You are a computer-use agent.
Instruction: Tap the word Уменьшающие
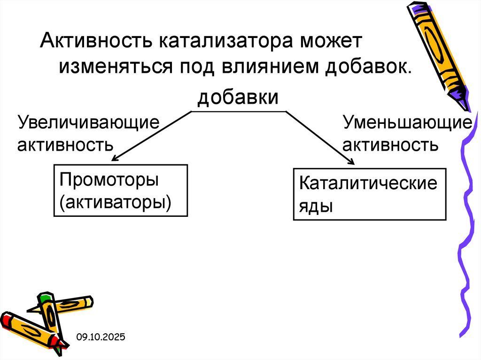click(407, 123)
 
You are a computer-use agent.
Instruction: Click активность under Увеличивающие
click(65, 144)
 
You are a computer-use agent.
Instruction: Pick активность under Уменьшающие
click(390, 144)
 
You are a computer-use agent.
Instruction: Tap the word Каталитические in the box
click(368, 183)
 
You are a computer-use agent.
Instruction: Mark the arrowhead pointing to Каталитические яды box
click(350, 161)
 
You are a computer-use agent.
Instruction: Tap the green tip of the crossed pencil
click(45, 297)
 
